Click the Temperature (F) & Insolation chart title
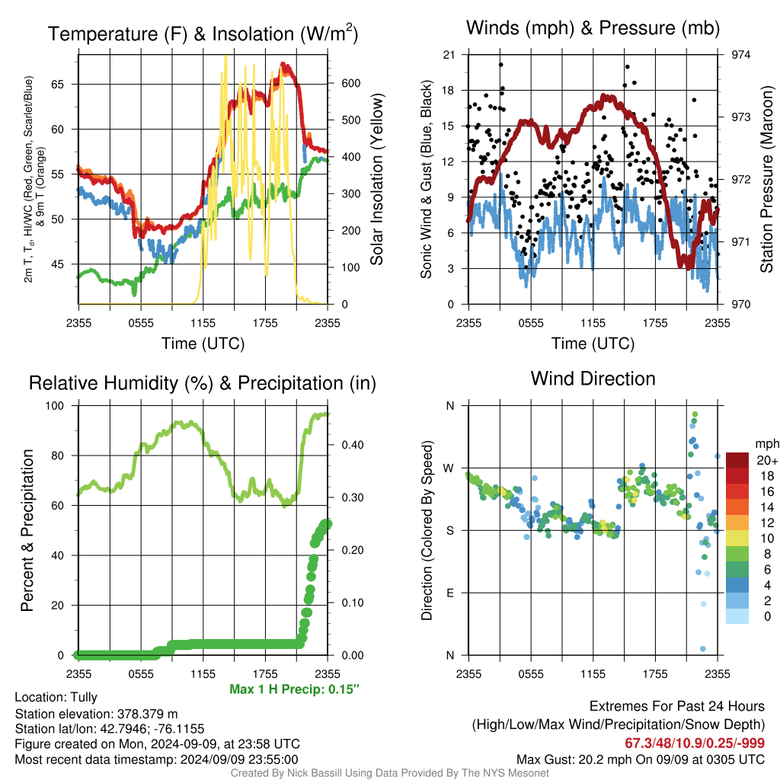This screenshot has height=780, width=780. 203,34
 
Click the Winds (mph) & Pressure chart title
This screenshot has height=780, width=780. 593,28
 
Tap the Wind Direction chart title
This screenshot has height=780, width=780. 593,379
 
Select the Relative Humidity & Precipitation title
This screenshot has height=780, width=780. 203,383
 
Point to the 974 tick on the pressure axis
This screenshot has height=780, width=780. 740,55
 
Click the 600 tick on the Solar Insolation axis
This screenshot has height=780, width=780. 350,83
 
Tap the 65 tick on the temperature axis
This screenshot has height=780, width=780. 58,84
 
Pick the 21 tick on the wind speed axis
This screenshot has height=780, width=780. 449,55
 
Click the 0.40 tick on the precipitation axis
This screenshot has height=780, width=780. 353,445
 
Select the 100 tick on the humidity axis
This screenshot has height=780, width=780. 55,405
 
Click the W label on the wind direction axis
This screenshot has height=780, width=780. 448,468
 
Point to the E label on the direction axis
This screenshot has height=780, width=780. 450,593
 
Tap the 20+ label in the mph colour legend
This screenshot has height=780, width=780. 767,460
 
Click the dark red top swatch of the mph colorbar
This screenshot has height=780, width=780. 737,460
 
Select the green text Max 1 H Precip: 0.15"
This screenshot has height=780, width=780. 295,689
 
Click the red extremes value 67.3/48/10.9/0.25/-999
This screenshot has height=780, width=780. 695,743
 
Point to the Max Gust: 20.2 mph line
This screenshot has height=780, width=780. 640,759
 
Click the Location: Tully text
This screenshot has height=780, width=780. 56,698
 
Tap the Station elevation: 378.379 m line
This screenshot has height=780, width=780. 97,714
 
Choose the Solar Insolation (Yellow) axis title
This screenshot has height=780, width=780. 376,179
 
